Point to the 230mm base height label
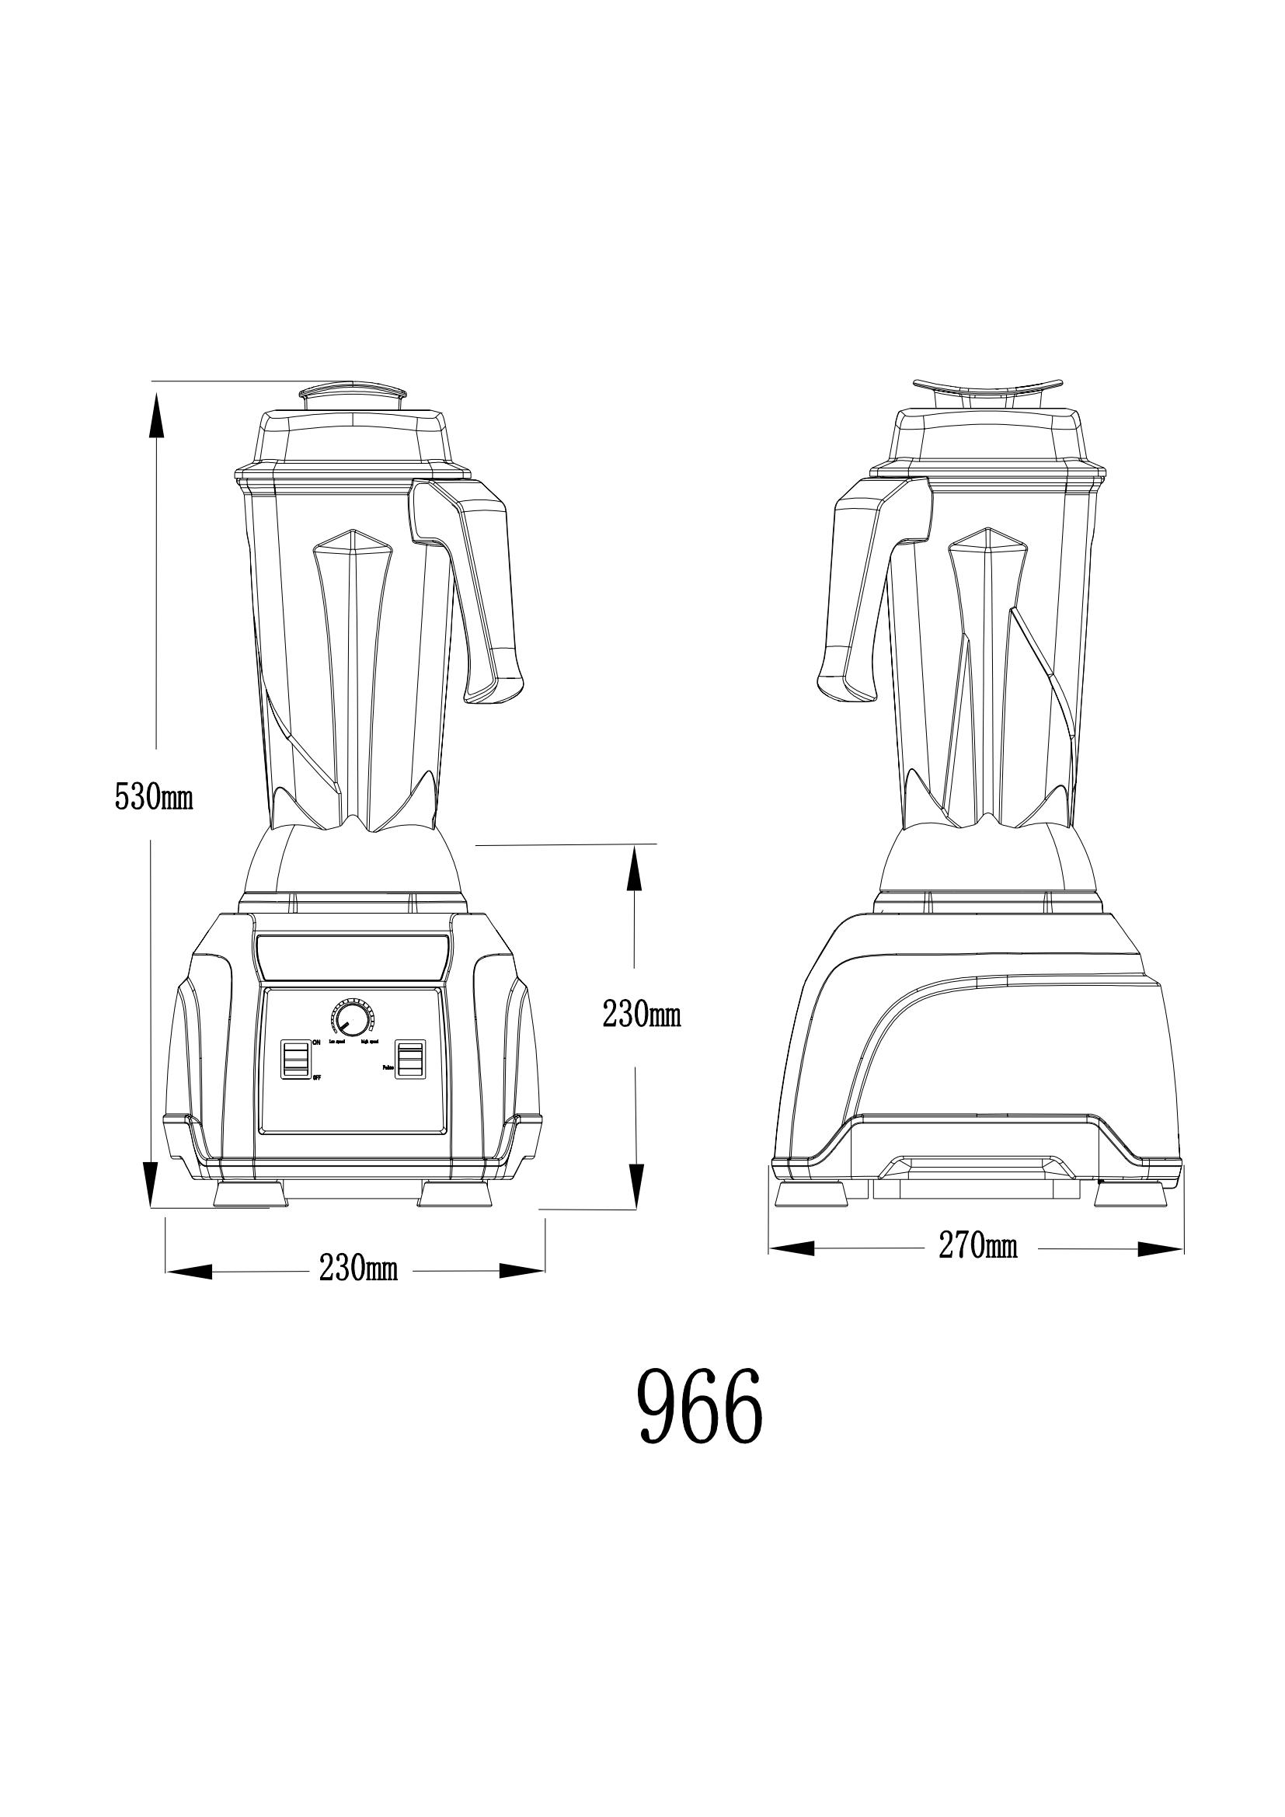642,1014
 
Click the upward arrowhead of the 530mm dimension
157,416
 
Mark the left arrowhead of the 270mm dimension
791,1249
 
